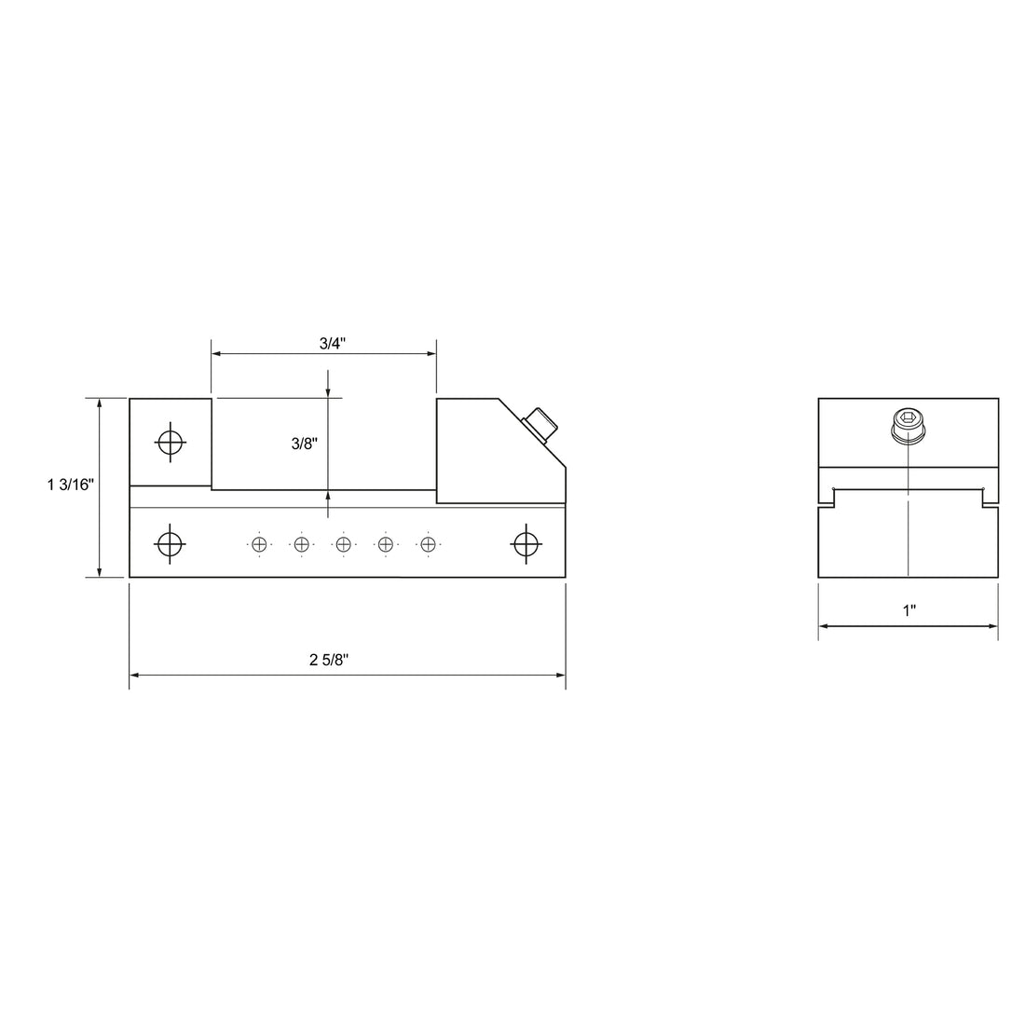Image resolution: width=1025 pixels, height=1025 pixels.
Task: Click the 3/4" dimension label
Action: point(332,343)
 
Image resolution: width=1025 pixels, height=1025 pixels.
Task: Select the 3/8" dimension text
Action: point(305,444)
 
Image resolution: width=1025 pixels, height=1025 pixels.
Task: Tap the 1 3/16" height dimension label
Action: point(71,485)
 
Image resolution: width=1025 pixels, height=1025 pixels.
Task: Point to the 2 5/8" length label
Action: point(329,660)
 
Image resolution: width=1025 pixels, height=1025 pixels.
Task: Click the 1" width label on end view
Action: point(909,610)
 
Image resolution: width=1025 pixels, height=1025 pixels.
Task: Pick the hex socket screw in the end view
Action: point(909,426)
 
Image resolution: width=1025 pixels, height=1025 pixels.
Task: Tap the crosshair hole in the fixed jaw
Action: point(170,443)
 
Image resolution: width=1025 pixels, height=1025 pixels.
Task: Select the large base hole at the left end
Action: point(170,543)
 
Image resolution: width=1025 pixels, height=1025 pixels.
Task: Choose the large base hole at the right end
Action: point(526,543)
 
